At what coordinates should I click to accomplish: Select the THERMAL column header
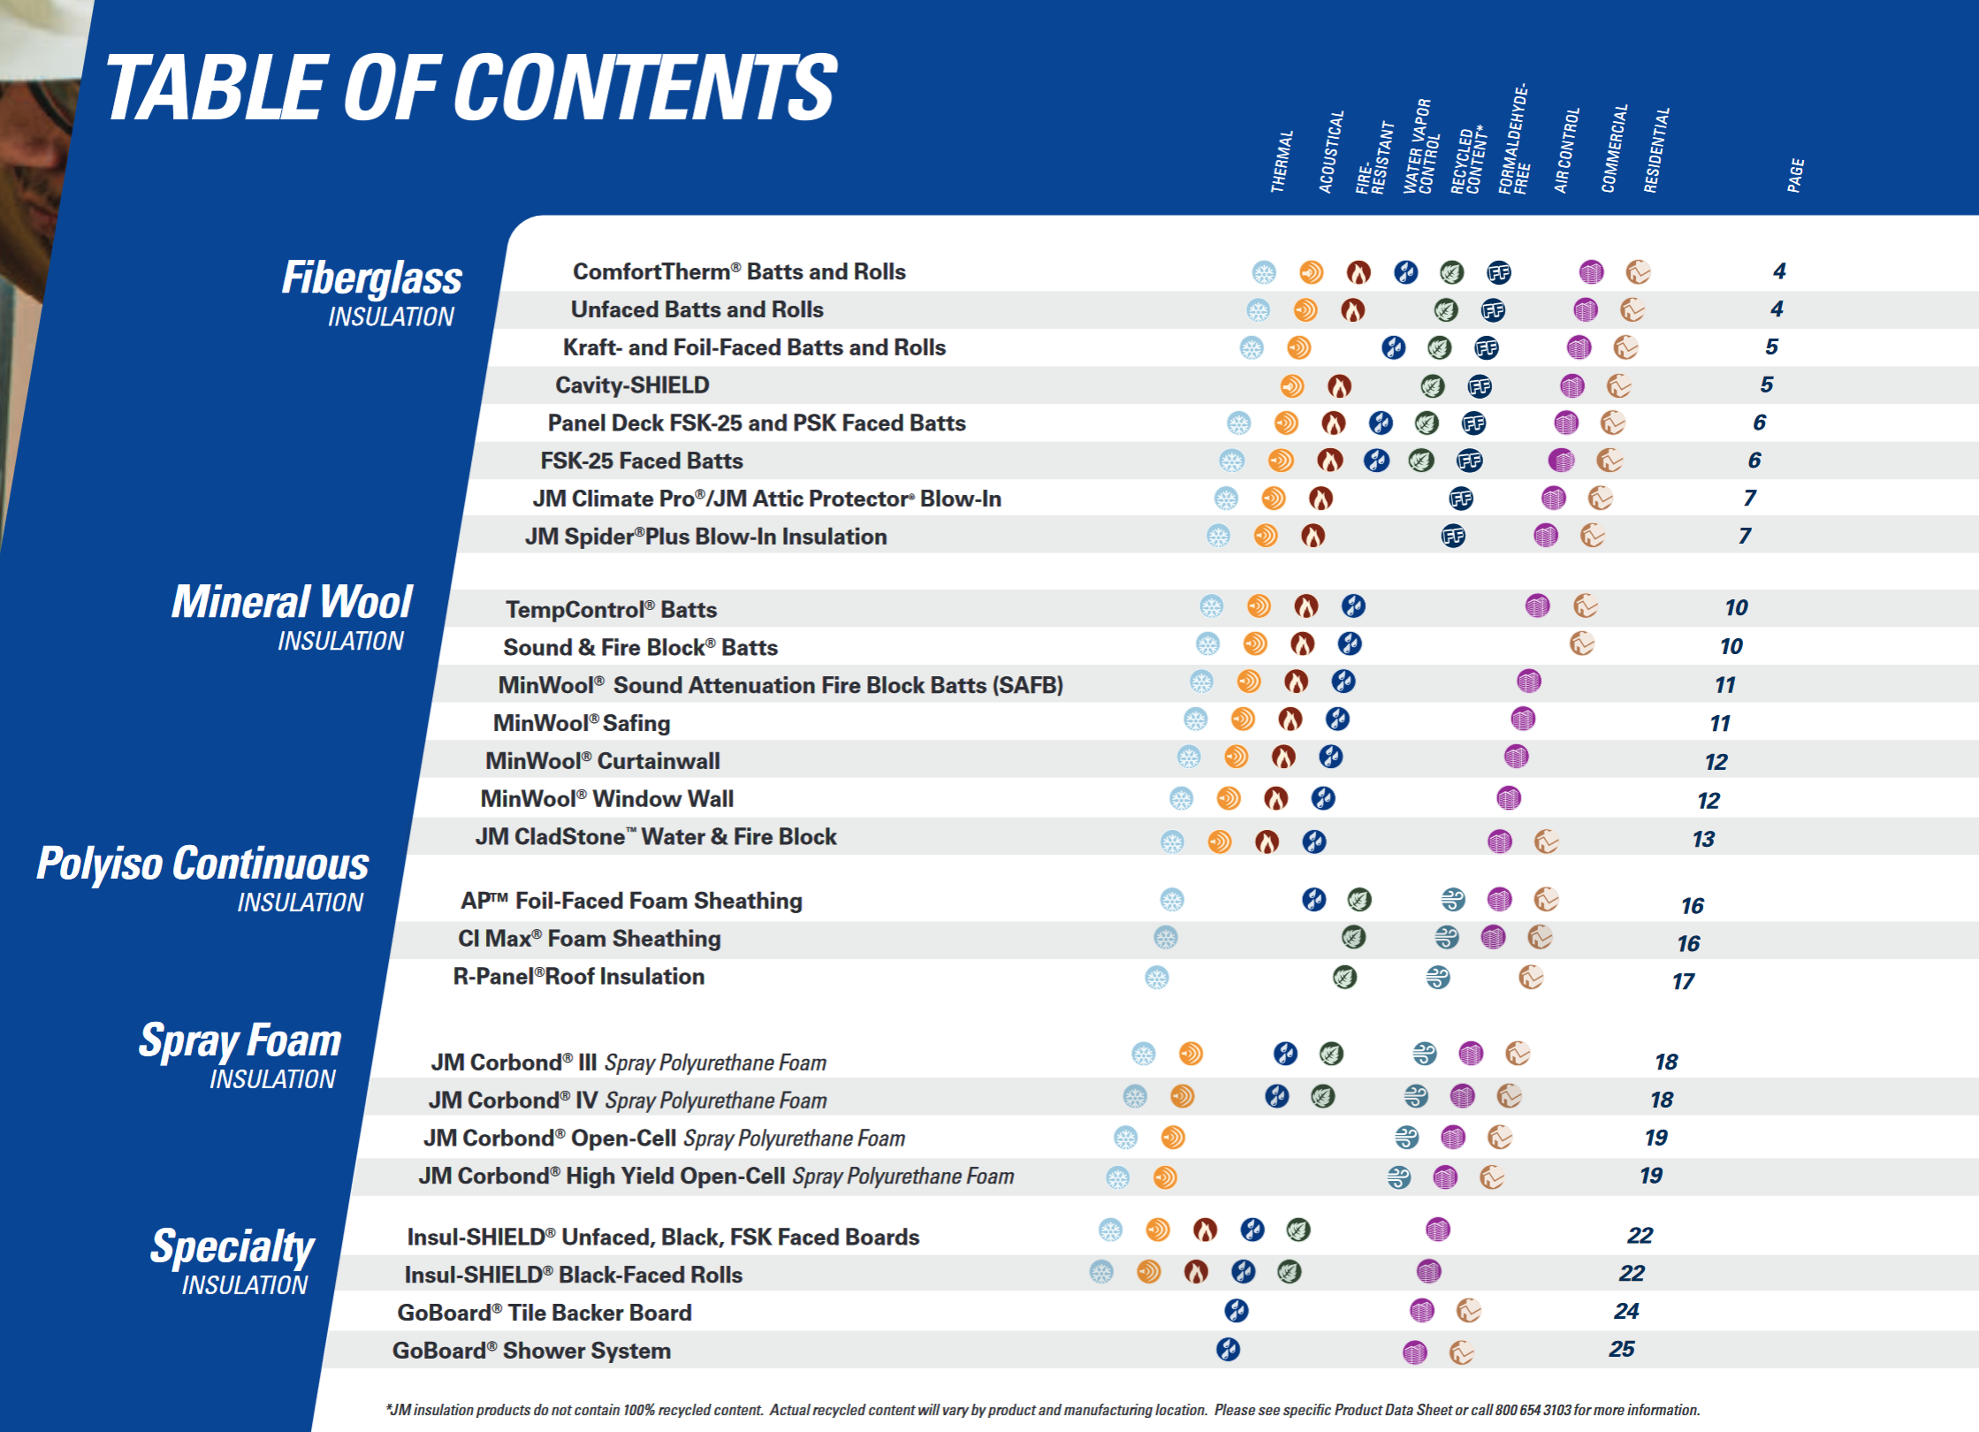coord(1281,161)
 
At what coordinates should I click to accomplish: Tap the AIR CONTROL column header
coord(1566,150)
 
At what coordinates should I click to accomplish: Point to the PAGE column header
coord(1794,175)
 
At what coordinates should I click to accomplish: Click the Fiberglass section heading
coord(372,278)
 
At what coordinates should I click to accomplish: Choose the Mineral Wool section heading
coord(292,603)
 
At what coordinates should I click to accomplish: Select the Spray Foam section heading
coord(240,1040)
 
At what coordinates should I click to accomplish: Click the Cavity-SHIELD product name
coord(632,385)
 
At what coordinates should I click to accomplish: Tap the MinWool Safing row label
coord(582,723)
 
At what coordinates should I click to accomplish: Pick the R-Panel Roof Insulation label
coord(579,977)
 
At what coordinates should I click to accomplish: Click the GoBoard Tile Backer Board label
coord(544,1313)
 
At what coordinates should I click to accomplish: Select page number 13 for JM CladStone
coord(1703,839)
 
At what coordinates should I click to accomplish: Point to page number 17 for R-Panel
coord(1683,981)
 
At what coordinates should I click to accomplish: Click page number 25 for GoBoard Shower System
coord(1621,1349)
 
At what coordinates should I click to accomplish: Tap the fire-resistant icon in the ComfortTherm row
coord(1359,272)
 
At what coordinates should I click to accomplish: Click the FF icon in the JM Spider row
coord(1453,536)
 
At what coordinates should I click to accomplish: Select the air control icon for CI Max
coord(1446,937)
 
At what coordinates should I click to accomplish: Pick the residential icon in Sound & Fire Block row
coord(1581,644)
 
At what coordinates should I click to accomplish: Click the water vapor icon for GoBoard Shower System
coord(1228,1350)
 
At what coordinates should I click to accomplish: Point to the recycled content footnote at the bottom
coord(1043,1410)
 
